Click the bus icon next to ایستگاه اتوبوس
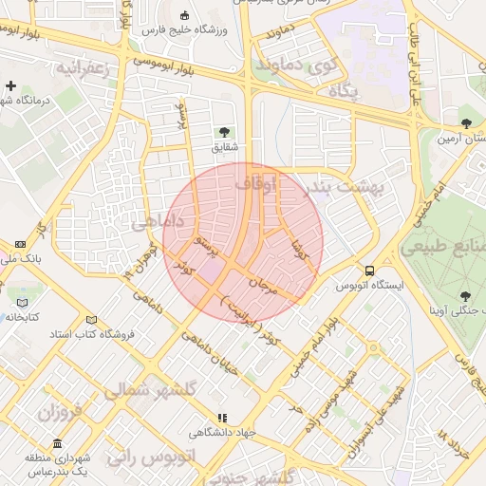[369, 270]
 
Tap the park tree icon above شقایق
[225, 132]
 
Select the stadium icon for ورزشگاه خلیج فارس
[184, 16]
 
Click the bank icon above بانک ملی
[22, 244]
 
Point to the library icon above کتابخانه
[23, 303]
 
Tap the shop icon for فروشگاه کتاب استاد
[91, 320]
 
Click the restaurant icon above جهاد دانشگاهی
[222, 417]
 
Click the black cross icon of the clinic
[10, 86]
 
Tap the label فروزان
[61, 413]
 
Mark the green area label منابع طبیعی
[445, 246]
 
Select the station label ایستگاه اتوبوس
[369, 285]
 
